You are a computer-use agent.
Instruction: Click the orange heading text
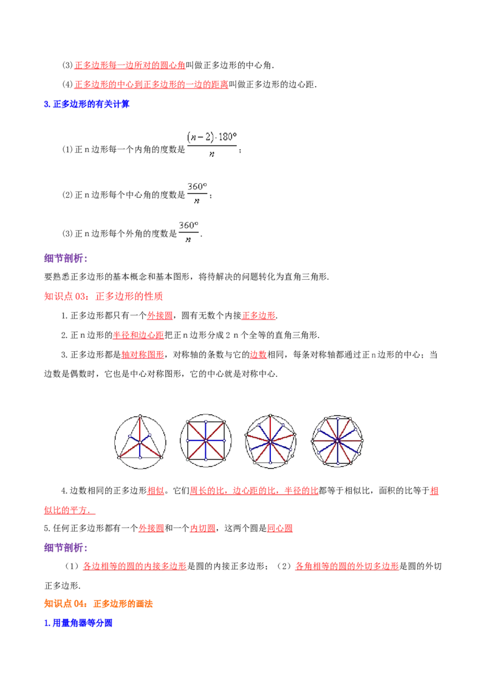click(98, 604)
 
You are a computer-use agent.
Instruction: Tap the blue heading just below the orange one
click(78, 623)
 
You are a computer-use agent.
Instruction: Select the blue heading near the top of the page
click(87, 104)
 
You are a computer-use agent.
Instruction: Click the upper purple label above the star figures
click(65, 259)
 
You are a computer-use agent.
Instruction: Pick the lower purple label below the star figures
click(65, 547)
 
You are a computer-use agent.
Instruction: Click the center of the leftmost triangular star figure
click(139, 442)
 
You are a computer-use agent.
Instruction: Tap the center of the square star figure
click(206, 439)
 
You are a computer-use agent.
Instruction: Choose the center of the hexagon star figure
click(337, 439)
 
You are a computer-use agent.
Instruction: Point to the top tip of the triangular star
click(139, 416)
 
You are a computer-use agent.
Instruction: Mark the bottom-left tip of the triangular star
click(120, 458)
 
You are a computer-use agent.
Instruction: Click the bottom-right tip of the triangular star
click(162, 458)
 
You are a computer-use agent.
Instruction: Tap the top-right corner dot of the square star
click(225, 420)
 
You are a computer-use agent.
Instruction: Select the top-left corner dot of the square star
click(187, 420)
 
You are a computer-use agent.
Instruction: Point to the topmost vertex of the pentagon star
click(270, 416)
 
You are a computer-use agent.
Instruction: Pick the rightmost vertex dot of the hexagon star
click(363, 439)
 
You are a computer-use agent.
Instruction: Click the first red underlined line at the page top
click(129, 65)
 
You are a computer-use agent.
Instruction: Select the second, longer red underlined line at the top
click(151, 84)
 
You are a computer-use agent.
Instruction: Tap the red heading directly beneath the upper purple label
click(103, 297)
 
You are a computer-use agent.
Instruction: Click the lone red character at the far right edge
click(434, 492)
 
